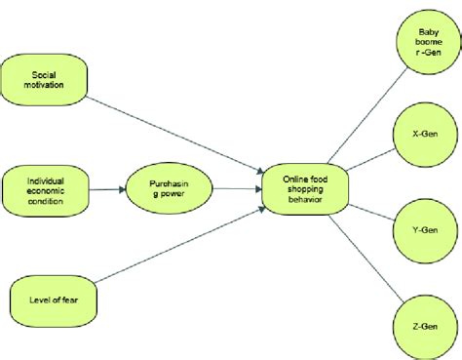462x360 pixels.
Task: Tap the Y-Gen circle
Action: tap(425, 231)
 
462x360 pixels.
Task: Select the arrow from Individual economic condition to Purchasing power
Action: tap(108, 187)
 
